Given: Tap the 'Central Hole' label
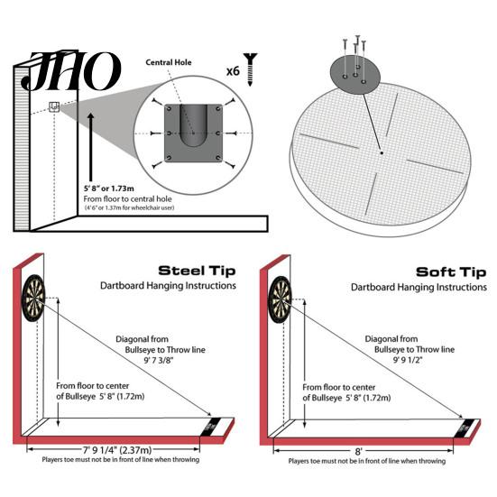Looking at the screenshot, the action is [169, 62].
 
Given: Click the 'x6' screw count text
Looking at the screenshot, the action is [233, 71].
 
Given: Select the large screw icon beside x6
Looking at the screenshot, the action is [251, 69].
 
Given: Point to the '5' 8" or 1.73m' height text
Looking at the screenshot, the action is [109, 189].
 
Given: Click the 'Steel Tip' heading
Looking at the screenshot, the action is [197, 271].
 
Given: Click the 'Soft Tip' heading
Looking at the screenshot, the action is [451, 272].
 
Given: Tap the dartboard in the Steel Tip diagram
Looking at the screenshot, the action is [33, 298].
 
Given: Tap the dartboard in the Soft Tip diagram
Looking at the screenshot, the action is [280, 299].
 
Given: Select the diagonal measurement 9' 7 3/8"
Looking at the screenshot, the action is [159, 360].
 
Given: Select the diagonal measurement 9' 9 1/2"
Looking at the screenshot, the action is [408, 360].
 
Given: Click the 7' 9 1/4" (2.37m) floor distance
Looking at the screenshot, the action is [117, 449].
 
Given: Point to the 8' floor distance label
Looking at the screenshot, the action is [358, 451].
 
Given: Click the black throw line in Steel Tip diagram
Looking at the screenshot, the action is [210, 427].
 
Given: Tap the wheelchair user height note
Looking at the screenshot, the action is [129, 208].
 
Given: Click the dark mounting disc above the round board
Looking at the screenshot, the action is [355, 74].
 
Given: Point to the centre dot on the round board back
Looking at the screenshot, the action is [382, 153].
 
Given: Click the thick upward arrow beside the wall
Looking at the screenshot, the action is [91, 147].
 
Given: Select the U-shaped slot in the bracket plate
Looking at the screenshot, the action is [193, 125].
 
